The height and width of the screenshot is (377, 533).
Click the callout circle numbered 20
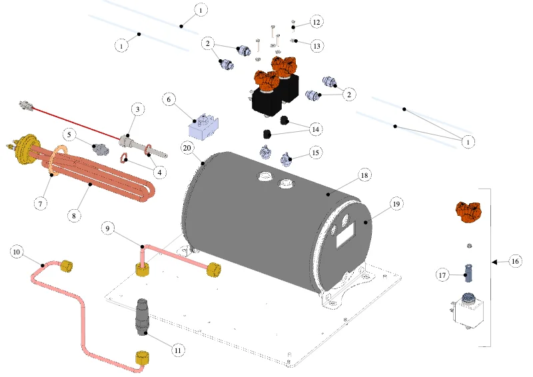click(187, 149)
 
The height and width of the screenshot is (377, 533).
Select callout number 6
click(169, 100)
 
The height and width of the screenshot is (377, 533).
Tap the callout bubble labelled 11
click(178, 350)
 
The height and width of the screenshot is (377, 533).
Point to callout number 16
click(515, 261)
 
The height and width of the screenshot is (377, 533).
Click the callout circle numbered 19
click(396, 204)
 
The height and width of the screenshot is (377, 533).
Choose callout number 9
click(108, 228)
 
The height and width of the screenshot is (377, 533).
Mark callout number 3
click(138, 109)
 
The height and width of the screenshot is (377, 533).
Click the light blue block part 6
click(203, 127)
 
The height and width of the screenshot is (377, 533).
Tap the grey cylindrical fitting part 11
click(143, 317)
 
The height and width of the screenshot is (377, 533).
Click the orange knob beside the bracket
click(468, 212)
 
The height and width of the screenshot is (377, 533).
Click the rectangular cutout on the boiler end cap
click(346, 235)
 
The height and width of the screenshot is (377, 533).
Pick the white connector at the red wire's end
click(26, 106)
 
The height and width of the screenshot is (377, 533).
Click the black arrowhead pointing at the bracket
click(494, 262)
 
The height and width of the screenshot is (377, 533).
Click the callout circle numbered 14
click(315, 129)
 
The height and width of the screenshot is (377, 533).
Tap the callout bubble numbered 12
click(316, 23)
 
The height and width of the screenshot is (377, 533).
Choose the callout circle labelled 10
click(17, 252)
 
